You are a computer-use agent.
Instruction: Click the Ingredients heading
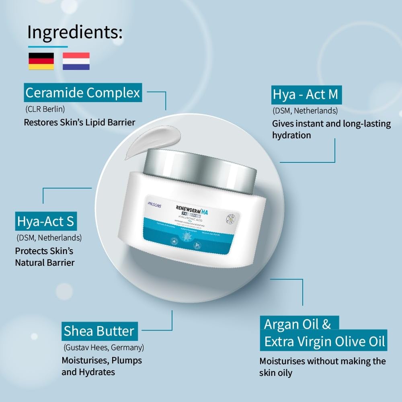pos(75,32)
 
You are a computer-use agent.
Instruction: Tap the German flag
pos(41,61)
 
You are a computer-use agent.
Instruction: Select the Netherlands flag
pos(76,61)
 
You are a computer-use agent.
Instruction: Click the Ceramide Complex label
pos(82,93)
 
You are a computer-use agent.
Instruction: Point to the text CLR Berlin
pos(45,109)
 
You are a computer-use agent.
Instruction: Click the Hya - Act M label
pos(305,95)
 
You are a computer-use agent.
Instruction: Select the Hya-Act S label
pos(45,222)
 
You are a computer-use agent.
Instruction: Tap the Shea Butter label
pos(99,331)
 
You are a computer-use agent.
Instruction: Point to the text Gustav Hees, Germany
pos(103,347)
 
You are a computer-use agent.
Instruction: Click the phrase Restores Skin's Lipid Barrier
pos(79,122)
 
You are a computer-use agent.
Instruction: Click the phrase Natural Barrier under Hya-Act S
pos(45,263)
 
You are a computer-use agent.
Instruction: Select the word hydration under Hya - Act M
pos(291,135)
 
